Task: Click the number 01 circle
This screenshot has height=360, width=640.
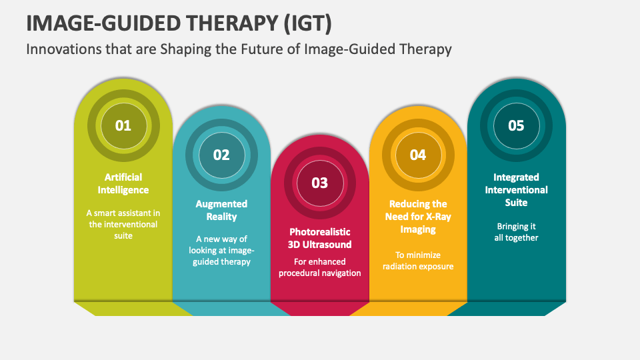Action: (x=123, y=125)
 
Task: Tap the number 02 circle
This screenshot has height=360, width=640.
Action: (x=221, y=155)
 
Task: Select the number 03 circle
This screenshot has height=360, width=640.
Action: (x=320, y=183)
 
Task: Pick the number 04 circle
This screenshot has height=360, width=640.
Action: (x=418, y=155)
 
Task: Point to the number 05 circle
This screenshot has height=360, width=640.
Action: (x=516, y=125)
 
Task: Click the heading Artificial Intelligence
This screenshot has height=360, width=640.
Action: (x=123, y=183)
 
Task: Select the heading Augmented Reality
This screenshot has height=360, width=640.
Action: (x=221, y=210)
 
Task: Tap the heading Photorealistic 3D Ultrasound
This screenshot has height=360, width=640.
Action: (x=320, y=238)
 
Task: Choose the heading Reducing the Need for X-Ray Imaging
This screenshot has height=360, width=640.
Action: (x=418, y=216)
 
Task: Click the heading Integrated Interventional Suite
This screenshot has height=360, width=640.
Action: (x=516, y=189)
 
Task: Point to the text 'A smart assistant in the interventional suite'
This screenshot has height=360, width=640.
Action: (x=123, y=224)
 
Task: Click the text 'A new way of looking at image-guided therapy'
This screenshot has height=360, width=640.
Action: (x=221, y=250)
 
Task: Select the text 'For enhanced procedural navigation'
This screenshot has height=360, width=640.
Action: (x=320, y=267)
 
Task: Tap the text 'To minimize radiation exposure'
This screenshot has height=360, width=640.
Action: (x=418, y=261)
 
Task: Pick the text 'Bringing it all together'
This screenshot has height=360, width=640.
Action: (x=516, y=231)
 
